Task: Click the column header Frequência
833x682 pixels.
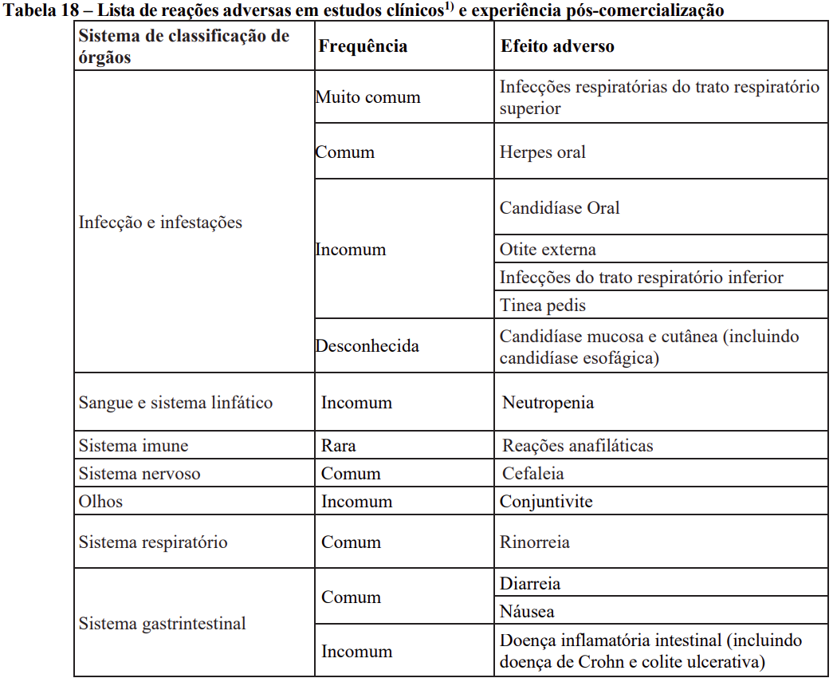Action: pyautogui.click(x=363, y=46)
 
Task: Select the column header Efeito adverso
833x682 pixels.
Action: pyautogui.click(x=557, y=46)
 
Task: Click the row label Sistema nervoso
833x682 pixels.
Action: pyautogui.click(x=139, y=473)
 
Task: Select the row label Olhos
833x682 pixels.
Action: pyautogui.click(x=100, y=502)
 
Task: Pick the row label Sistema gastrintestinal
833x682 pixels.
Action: pyautogui.click(x=162, y=623)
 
